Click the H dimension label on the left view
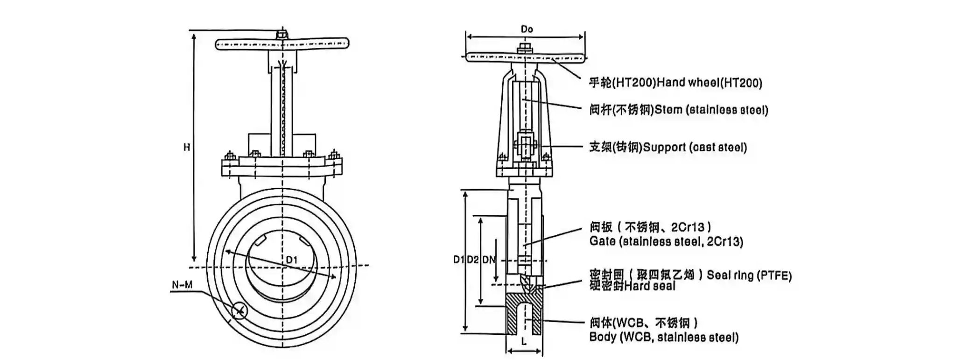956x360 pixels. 186,148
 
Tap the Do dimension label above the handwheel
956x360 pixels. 527,29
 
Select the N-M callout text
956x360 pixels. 182,285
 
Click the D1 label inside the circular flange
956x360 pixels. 292,260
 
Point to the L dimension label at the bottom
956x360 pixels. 524,342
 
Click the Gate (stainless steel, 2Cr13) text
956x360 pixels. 666,241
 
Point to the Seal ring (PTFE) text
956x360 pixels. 749,275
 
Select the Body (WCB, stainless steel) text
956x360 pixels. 664,337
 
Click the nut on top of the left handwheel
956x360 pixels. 281,35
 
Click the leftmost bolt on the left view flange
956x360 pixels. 229,156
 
